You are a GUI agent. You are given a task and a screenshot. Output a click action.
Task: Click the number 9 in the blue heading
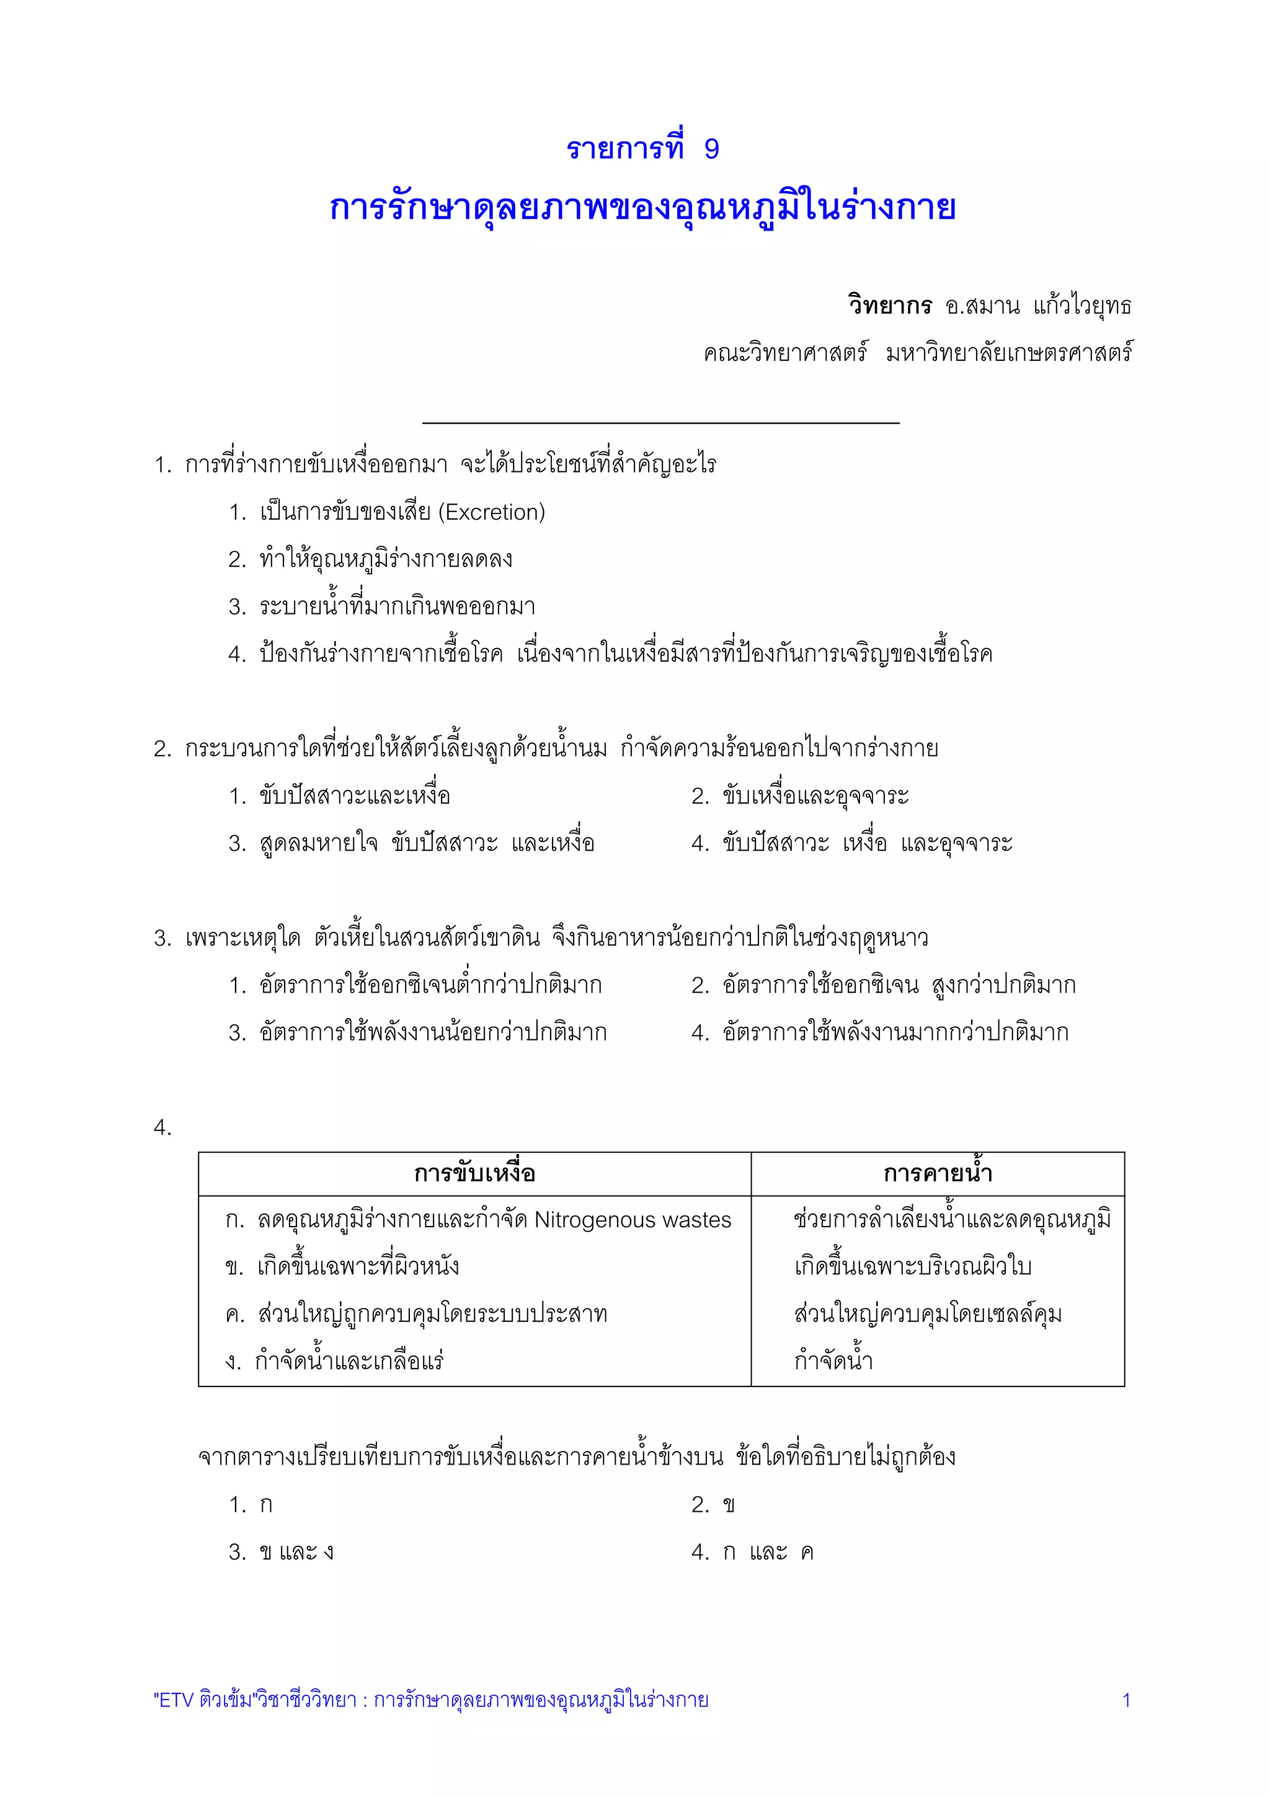[x=711, y=149]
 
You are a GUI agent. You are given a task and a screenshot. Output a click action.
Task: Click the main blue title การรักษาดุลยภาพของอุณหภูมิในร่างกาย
[x=642, y=208]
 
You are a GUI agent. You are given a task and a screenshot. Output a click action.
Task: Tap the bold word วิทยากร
[x=890, y=305]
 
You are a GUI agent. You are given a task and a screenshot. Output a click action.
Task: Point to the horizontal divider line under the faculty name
[x=660, y=424]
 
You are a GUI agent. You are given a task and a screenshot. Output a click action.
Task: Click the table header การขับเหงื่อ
[x=474, y=1173]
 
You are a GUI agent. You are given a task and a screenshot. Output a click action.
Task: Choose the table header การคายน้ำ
[x=938, y=1173]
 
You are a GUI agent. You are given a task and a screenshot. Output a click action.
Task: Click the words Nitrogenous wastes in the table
[x=633, y=1219]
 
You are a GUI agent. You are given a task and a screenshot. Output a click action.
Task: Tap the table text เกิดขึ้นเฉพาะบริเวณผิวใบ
[x=912, y=1266]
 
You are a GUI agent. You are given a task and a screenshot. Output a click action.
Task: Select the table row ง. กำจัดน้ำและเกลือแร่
[x=335, y=1362]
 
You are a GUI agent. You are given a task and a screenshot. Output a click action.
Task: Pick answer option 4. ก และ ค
[x=753, y=1551]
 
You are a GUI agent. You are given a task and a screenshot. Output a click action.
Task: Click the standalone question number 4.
[x=162, y=1128]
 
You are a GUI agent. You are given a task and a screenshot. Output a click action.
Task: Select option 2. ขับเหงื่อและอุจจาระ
[x=800, y=797]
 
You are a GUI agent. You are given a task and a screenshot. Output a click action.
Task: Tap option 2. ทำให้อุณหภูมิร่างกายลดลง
[x=370, y=559]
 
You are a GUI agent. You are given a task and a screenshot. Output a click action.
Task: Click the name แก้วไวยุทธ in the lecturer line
[x=1082, y=305]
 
